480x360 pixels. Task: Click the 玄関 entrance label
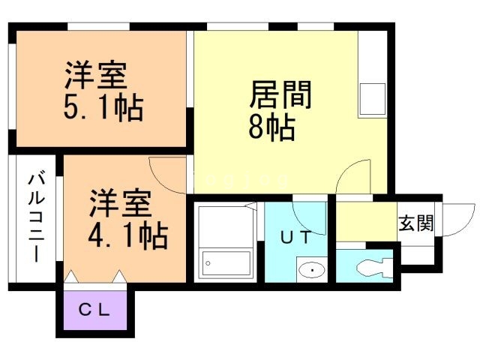pyautogui.click(x=415, y=223)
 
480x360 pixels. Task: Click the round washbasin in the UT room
pyautogui.click(x=310, y=268)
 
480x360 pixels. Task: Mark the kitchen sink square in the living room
pyautogui.click(x=372, y=98)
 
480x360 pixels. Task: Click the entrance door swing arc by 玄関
pyautogui.click(x=459, y=217)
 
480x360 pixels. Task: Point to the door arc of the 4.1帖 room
pyautogui.click(x=166, y=174)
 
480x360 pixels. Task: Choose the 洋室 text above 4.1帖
pyautogui.click(x=121, y=204)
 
